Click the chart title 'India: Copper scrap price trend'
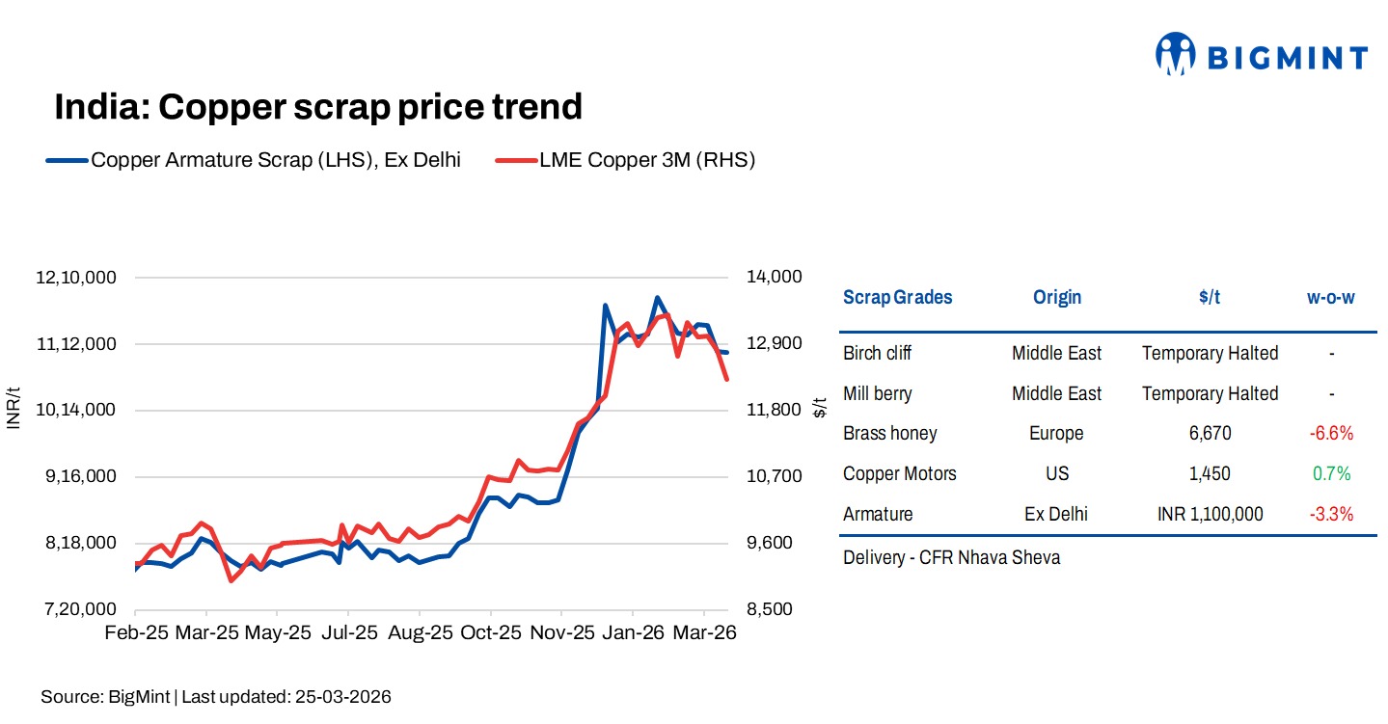coord(318,106)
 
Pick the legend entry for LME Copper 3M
coord(625,160)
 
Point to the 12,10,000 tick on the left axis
coord(76,278)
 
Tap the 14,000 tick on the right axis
coord(774,278)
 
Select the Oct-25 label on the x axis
coord(490,633)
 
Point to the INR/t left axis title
coord(14,409)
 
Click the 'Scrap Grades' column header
coord(897,297)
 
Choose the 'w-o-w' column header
coord(1330,297)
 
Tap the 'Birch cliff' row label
coord(877,353)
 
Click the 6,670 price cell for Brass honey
coord(1210,434)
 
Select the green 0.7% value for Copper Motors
coord(1331,473)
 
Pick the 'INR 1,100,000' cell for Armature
coord(1210,514)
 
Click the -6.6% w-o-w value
coord(1331,434)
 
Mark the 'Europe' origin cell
coord(1056,434)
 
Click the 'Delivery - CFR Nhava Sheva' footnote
coord(951,557)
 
